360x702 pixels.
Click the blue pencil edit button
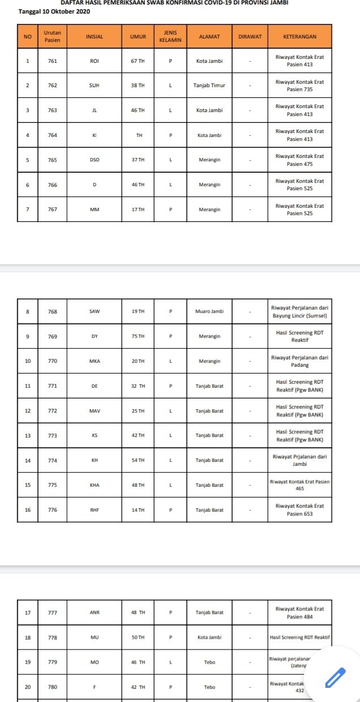click(335, 677)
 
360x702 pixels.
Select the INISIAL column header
click(94, 37)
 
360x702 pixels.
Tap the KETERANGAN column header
click(299, 37)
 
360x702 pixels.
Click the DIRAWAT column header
click(250, 37)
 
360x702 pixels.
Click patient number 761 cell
click(53, 61)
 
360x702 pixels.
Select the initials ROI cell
click(95, 61)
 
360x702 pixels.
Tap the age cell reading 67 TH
click(138, 61)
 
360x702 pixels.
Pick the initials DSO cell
click(95, 160)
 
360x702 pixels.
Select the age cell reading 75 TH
click(138, 336)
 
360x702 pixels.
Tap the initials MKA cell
click(95, 361)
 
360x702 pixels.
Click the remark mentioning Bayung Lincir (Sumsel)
click(299, 311)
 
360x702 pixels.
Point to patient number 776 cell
click(53, 510)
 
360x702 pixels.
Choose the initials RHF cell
click(95, 510)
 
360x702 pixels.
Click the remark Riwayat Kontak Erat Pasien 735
click(299, 85)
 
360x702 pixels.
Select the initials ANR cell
click(95, 612)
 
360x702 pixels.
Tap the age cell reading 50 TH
click(138, 637)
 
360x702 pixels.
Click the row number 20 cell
click(28, 687)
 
